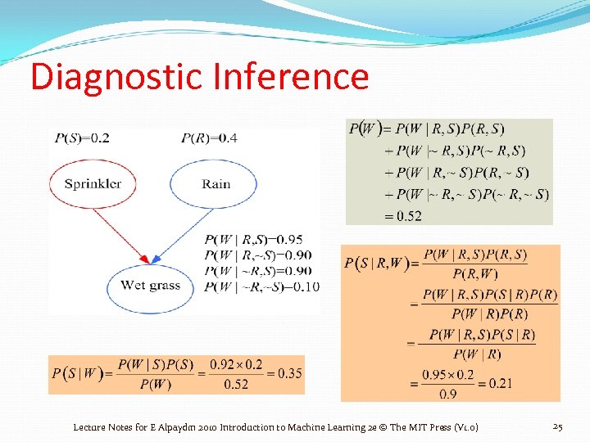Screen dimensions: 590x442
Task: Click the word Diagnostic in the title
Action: pos(115,76)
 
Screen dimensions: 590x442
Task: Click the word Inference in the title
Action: pos(290,76)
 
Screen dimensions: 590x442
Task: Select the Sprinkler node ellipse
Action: pos(93,183)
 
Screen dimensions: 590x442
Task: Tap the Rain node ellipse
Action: pos(216,183)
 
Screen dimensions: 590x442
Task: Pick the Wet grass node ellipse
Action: pos(150,286)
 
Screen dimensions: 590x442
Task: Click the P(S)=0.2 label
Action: pos(82,138)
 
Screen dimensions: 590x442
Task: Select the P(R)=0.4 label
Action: pos(209,138)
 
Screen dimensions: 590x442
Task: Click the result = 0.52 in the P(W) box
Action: pos(403,215)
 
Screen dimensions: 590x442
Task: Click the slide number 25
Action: pos(558,426)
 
